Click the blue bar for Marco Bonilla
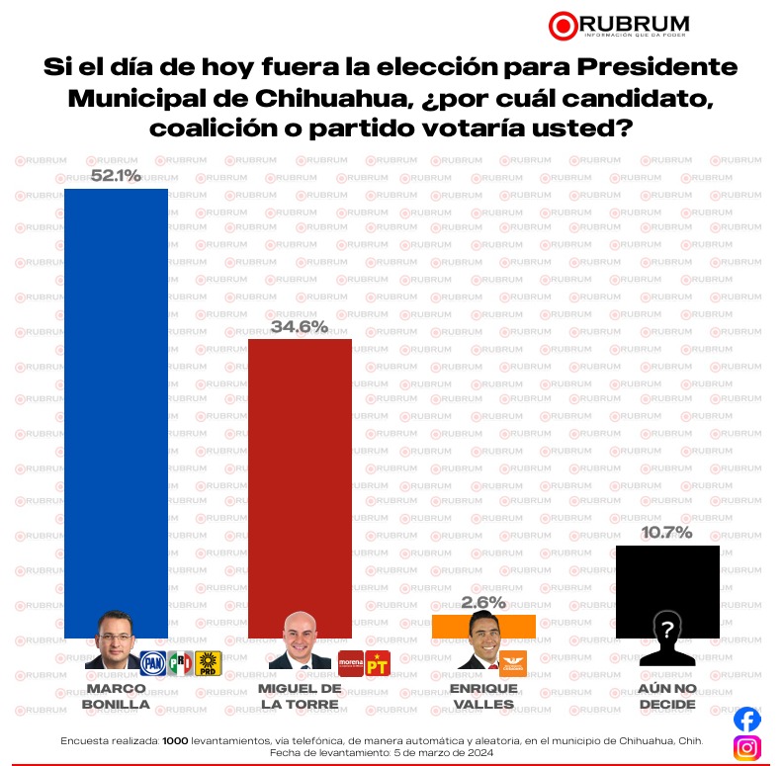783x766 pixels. click(116, 395)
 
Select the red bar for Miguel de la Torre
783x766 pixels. click(299, 474)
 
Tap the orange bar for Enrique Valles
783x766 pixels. click(483, 625)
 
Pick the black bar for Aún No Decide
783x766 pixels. click(666, 583)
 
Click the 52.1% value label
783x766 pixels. click(116, 176)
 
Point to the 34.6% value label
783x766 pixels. click(300, 327)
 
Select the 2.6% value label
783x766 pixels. click(483, 602)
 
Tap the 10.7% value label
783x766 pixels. click(666, 533)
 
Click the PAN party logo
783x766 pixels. click(153, 663)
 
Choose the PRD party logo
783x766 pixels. click(208, 663)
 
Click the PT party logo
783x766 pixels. click(378, 663)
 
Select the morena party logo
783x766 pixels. click(351, 663)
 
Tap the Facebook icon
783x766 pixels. click(746, 719)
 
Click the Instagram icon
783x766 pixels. click(746, 748)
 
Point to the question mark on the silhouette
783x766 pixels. click(667, 628)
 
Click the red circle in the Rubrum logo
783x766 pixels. click(563, 24)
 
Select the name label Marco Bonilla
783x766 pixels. click(116, 696)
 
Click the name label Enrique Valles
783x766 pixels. click(483, 696)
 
